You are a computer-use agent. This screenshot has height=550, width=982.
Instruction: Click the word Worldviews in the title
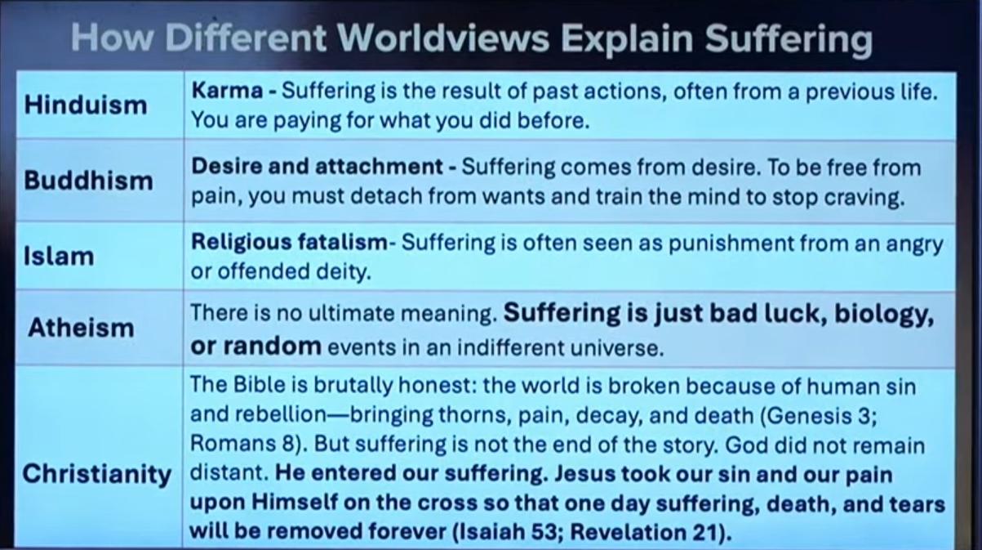(x=443, y=38)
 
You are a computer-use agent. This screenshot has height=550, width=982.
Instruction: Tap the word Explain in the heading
(x=627, y=40)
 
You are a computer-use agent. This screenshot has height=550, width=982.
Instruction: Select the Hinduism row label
(x=86, y=105)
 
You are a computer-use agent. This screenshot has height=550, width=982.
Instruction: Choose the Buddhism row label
(x=88, y=181)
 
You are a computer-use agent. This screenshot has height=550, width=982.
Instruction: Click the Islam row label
(x=59, y=256)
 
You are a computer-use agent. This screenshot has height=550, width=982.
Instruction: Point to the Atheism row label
(x=81, y=328)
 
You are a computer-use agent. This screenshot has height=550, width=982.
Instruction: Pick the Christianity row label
(x=97, y=476)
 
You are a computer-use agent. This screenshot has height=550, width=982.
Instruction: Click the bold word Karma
(x=227, y=91)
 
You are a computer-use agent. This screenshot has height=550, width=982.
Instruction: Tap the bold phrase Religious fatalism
(x=289, y=243)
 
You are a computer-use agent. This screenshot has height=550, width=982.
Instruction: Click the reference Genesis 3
(x=819, y=415)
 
